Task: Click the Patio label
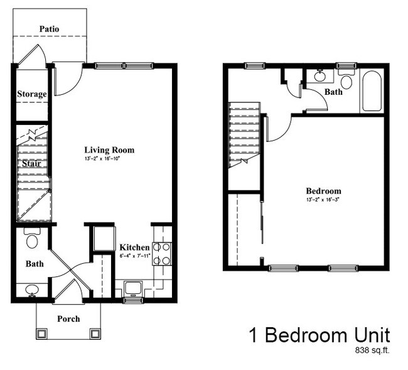[x=50, y=29]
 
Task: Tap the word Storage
[x=31, y=94]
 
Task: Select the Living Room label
[x=109, y=150]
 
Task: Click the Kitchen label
[x=134, y=248]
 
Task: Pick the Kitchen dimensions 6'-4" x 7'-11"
[x=134, y=256]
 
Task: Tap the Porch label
[x=68, y=318]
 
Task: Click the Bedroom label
[x=323, y=191]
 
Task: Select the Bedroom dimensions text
[x=323, y=200]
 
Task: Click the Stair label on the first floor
[x=31, y=164]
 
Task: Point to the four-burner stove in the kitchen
[x=162, y=253]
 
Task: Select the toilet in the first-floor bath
[x=32, y=239]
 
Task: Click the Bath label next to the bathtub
[x=333, y=92]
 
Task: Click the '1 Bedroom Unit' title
[x=319, y=334]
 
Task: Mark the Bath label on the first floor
[x=35, y=264]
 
